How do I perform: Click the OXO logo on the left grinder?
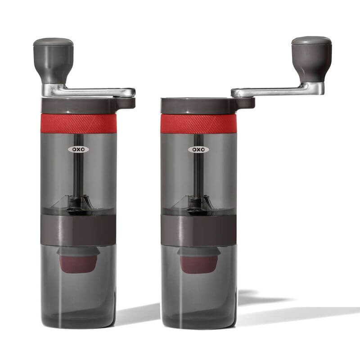78,149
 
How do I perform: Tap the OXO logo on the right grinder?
198,149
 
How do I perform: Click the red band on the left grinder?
78,123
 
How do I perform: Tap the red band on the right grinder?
198,123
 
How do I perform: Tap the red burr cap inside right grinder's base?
198,263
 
